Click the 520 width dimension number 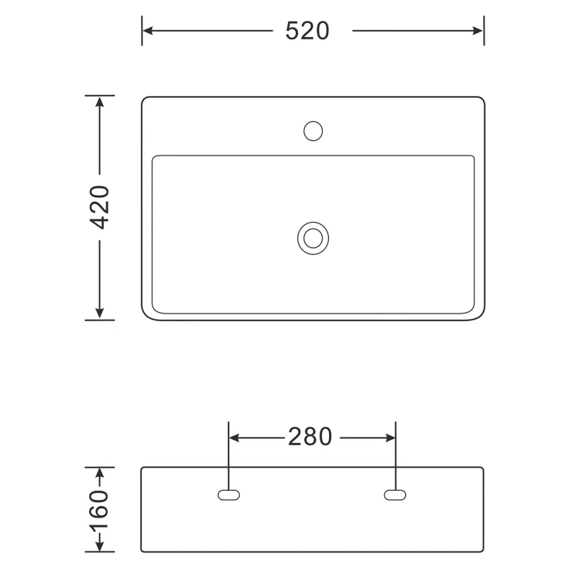307,31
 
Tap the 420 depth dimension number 99,207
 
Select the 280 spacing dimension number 310,437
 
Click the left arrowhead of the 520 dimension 148,31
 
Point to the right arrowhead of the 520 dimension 478,31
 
